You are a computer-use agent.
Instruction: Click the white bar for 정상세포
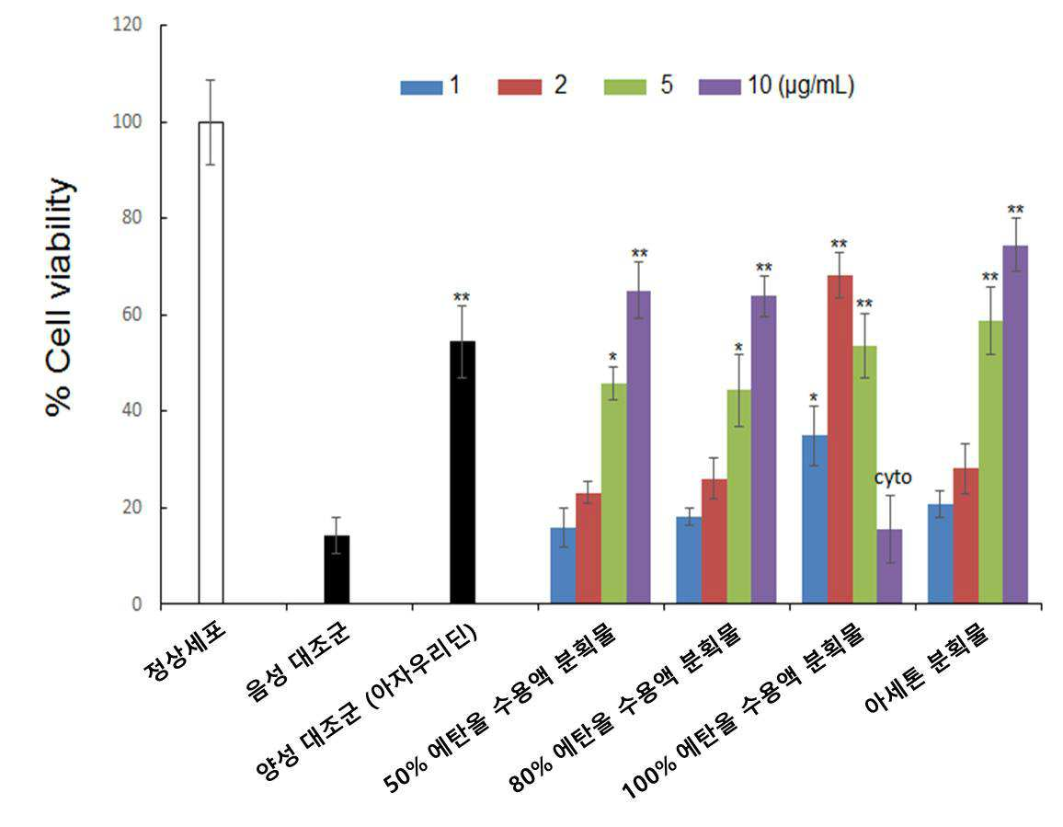click(x=211, y=362)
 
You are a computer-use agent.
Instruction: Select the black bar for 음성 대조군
click(x=337, y=569)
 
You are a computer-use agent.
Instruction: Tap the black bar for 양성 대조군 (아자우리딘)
click(x=463, y=472)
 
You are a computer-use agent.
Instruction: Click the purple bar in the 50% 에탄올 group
click(x=638, y=447)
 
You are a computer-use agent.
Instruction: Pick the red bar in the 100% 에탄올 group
click(x=840, y=439)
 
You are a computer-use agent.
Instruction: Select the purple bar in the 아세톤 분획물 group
click(x=1015, y=425)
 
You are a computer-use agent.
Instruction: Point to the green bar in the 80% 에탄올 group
click(x=739, y=497)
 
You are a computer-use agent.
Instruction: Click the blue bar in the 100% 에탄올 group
click(x=814, y=519)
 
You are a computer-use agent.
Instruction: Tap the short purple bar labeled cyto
click(x=889, y=567)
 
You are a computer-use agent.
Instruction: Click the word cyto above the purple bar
click(x=892, y=477)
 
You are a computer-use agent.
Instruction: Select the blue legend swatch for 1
click(x=421, y=87)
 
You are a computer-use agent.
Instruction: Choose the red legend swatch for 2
click(x=520, y=87)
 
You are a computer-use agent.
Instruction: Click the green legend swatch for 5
click(x=624, y=87)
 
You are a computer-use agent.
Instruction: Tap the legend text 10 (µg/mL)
click(x=801, y=86)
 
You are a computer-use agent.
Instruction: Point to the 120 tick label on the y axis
click(x=127, y=25)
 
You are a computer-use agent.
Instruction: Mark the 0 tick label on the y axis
click(x=137, y=603)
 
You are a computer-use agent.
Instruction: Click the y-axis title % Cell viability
click(x=59, y=297)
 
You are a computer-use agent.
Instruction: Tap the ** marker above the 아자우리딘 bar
click(x=462, y=297)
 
